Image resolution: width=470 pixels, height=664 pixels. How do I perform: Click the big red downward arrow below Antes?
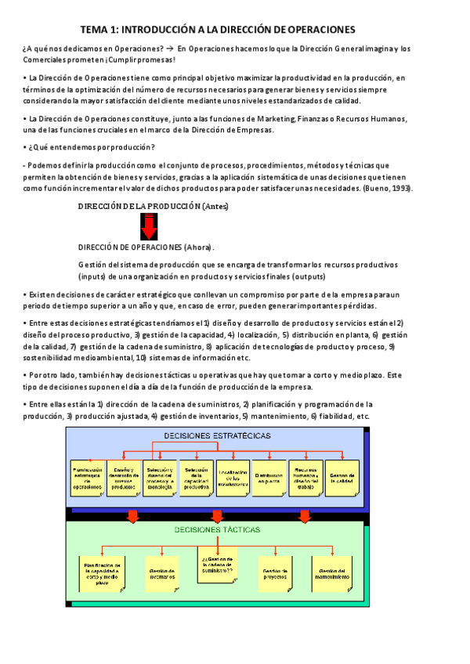pyautogui.click(x=150, y=227)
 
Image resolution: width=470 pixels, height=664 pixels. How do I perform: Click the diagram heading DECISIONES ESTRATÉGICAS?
pyautogui.click(x=217, y=435)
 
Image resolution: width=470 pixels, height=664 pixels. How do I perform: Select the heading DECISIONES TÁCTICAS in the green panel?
pyautogui.click(x=217, y=529)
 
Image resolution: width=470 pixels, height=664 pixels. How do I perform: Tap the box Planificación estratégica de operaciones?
pyautogui.click(x=88, y=475)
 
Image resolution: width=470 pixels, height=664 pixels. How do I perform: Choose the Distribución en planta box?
pyautogui.click(x=269, y=475)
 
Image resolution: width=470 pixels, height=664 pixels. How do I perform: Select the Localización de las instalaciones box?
pyautogui.click(x=233, y=475)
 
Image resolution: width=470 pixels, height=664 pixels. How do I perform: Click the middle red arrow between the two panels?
pyautogui.click(x=217, y=515)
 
